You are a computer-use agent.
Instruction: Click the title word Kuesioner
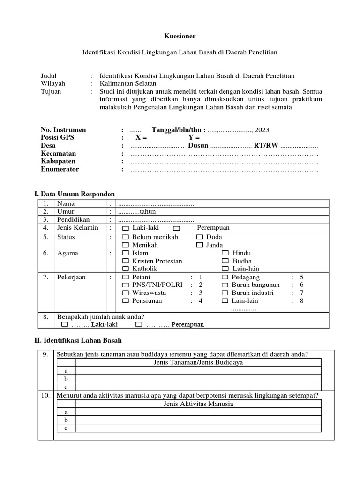click(180, 36)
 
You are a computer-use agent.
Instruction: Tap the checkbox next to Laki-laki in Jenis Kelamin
click(125, 228)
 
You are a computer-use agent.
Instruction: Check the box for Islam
click(125, 253)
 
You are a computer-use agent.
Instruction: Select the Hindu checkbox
click(225, 253)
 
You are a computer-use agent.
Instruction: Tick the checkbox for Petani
click(125, 277)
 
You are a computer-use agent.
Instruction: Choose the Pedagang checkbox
click(225, 277)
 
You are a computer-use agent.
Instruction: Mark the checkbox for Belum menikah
click(125, 237)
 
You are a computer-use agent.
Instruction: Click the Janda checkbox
click(200, 245)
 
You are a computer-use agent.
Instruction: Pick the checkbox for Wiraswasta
click(125, 293)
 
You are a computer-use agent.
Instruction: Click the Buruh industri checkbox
click(225, 293)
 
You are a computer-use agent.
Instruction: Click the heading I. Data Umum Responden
click(75, 194)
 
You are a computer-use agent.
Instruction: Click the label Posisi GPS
click(58, 138)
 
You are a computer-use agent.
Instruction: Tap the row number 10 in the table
click(45, 395)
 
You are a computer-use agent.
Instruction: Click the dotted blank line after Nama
click(156, 204)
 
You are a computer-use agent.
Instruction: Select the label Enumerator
click(60, 169)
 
